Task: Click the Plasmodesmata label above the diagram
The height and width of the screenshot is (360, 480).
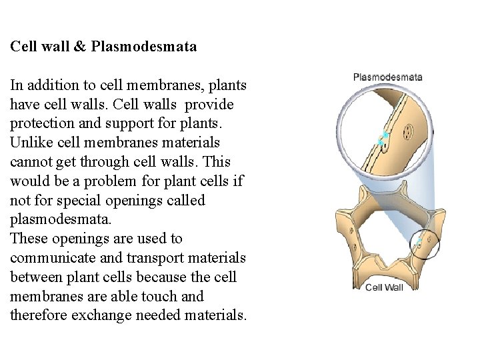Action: click(387, 77)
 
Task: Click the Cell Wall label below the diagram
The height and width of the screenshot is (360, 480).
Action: click(384, 287)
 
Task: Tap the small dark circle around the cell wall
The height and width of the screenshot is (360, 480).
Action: click(425, 243)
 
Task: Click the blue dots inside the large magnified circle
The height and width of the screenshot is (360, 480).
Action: click(383, 139)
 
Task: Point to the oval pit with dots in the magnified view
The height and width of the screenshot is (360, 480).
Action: click(407, 133)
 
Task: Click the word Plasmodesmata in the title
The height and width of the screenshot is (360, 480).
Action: click(144, 47)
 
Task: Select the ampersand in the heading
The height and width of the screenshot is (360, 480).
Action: click(82, 47)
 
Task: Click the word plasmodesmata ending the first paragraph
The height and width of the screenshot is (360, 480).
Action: click(55, 219)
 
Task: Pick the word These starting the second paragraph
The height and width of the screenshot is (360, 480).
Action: click(27, 239)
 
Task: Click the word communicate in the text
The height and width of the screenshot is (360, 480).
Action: click(47, 258)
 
